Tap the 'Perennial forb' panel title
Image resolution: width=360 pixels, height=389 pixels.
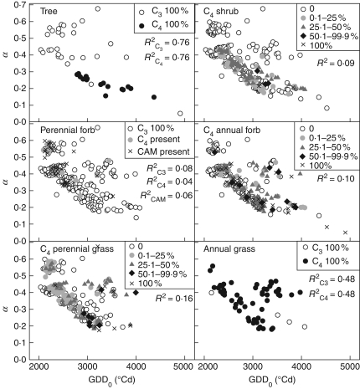66,131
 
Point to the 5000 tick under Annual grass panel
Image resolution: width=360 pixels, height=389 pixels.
350,367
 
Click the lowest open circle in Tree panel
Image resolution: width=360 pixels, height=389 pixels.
180,113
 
